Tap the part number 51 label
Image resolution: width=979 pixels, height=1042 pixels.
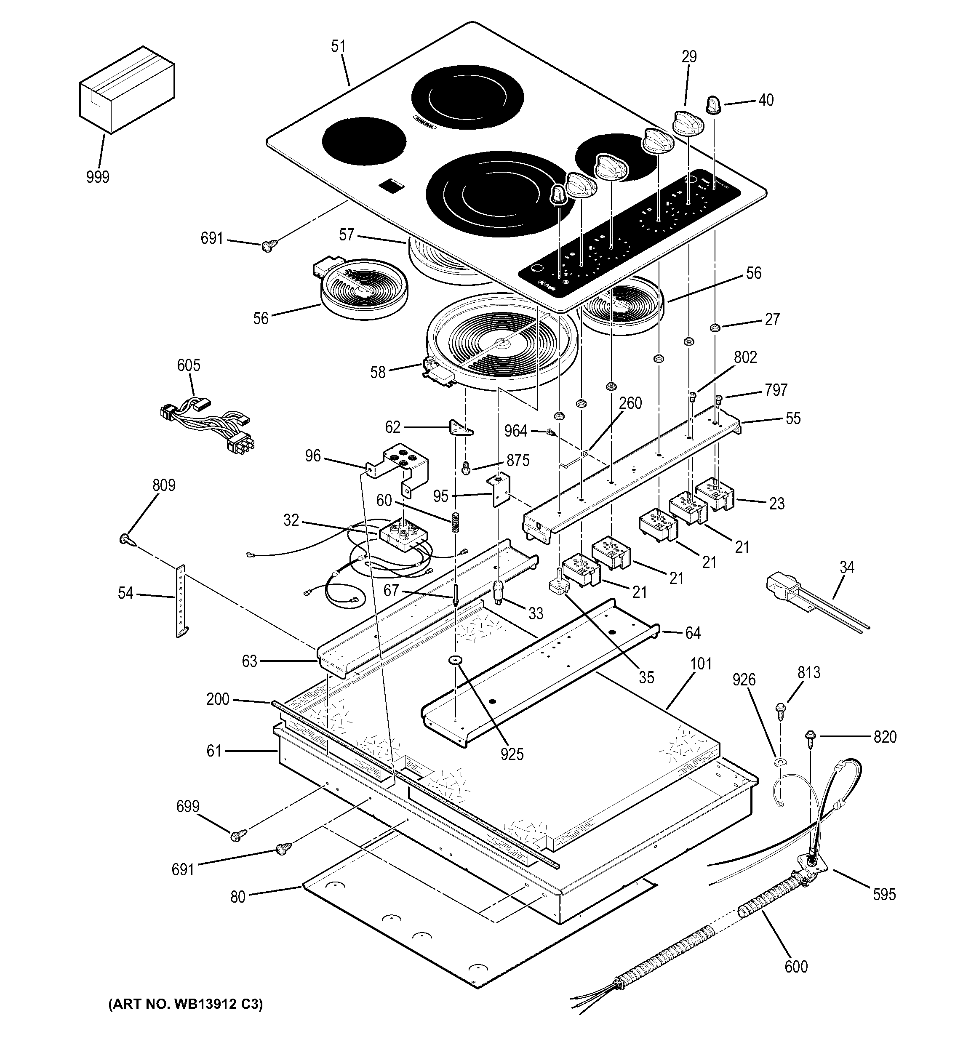point(339,47)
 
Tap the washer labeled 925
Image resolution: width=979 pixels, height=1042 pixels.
point(454,659)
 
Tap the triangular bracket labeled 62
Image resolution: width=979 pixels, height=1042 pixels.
point(461,428)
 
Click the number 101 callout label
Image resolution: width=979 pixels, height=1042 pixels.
point(701,664)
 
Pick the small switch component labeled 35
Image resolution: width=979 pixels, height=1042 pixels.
point(559,586)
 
